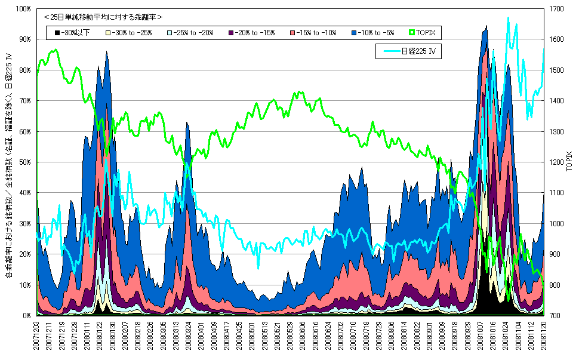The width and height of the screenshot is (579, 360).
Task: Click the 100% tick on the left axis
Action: coord(23,10)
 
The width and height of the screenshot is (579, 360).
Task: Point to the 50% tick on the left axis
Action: coord(25,162)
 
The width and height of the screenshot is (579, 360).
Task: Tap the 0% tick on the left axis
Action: coord(27,315)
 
